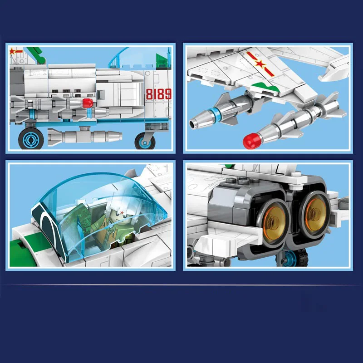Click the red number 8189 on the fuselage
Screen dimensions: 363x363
(159, 94)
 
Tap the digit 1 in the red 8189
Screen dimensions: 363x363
(156, 94)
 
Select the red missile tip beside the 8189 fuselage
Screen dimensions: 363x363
(88, 103)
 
